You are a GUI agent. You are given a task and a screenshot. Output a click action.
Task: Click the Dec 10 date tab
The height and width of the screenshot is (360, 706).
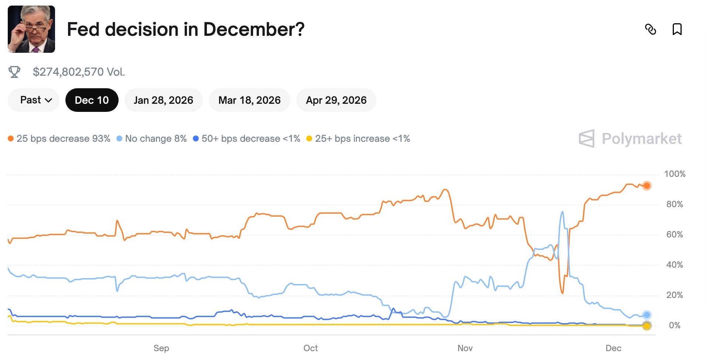tap(92, 100)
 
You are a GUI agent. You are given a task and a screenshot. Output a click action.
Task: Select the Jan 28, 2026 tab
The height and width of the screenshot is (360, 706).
tap(163, 100)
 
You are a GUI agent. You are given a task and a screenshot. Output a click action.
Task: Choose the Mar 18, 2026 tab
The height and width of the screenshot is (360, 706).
tap(249, 100)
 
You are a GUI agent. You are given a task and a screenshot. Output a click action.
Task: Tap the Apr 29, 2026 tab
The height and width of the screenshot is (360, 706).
tap(336, 100)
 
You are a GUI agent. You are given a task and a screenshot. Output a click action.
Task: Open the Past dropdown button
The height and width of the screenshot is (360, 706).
tap(35, 100)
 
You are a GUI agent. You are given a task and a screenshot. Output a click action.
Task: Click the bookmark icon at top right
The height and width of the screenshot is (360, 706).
tap(677, 29)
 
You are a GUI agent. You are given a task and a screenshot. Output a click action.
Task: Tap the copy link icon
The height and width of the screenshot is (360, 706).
tap(650, 29)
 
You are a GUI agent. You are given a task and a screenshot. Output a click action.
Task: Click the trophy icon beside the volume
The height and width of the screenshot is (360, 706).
tap(14, 72)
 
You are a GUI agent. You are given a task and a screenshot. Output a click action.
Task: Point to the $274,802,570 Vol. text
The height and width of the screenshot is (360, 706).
tap(79, 72)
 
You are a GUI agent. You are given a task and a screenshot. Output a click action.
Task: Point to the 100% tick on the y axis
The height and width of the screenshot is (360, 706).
tap(674, 174)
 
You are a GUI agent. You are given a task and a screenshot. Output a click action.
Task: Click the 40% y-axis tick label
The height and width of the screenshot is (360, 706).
tap(674, 265)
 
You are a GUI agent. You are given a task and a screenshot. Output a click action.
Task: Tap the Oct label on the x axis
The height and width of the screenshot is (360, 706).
tap(310, 348)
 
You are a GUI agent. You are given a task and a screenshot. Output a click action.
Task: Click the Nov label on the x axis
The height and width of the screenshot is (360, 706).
tap(465, 348)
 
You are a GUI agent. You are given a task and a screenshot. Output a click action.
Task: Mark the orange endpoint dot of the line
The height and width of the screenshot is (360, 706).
tap(647, 186)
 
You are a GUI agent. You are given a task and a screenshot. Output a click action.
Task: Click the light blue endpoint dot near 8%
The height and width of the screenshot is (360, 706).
tap(647, 315)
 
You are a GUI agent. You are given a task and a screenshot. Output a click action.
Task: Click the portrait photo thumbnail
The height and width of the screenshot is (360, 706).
tap(31, 29)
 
